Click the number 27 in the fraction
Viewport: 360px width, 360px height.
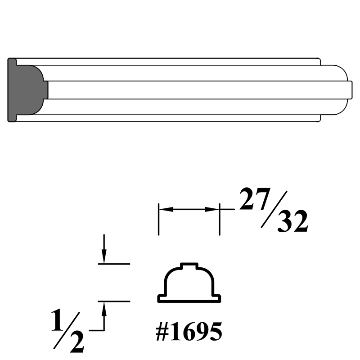pyautogui.click(x=254, y=199)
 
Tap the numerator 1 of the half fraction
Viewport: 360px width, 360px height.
pyautogui.click(x=57, y=320)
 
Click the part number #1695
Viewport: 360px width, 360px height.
pyautogui.click(x=189, y=332)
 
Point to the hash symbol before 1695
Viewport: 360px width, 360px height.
pyautogui.click(x=162, y=332)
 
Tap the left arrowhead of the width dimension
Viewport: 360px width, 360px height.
pyautogui.click(x=166, y=209)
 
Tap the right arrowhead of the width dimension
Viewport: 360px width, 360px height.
pyautogui.click(x=212, y=209)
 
